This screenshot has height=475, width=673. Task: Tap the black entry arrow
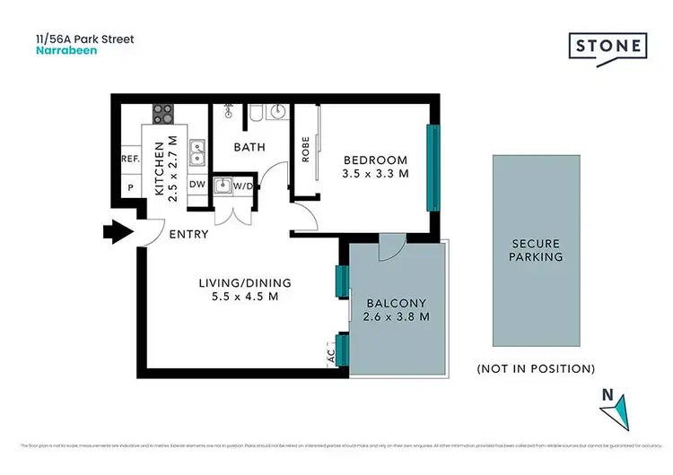(x=117, y=233)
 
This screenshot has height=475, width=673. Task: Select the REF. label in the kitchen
(x=129, y=159)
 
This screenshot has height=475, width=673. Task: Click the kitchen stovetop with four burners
(x=163, y=114)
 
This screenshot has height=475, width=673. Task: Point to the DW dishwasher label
(x=197, y=185)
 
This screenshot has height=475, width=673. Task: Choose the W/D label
(x=243, y=186)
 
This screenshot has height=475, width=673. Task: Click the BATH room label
(x=249, y=147)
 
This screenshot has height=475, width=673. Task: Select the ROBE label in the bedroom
(x=305, y=149)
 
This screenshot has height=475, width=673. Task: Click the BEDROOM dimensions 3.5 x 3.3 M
(x=376, y=175)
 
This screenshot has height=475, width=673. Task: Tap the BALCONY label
(x=395, y=302)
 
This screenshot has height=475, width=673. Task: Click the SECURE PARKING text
(x=536, y=250)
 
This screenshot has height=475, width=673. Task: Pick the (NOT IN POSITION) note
(x=536, y=368)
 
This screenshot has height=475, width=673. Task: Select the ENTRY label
(x=188, y=235)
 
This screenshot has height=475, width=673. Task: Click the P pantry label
(x=131, y=189)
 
